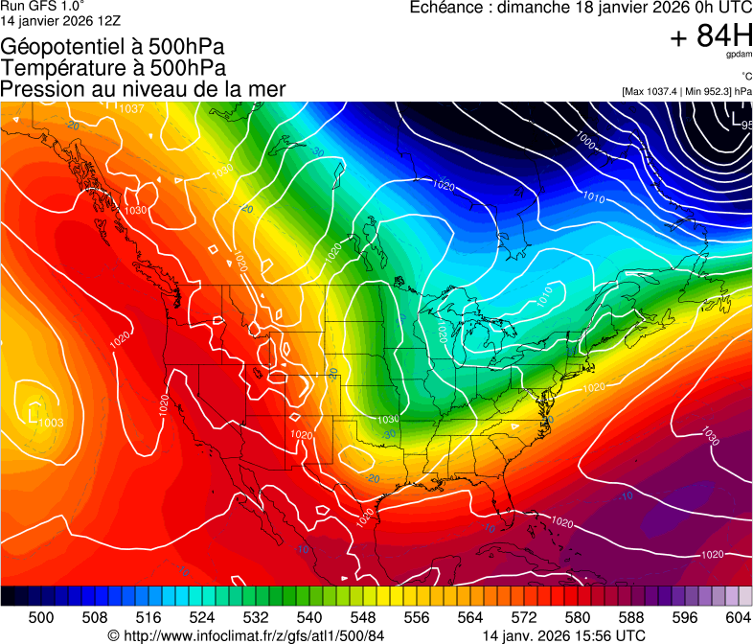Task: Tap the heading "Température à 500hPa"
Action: [x=113, y=67]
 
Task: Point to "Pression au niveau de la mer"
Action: [x=143, y=88]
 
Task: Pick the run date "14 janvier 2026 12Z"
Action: [x=59, y=19]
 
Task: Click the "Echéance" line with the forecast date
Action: [x=580, y=8]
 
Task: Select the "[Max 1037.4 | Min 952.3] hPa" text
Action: [x=686, y=91]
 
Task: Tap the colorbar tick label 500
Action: [x=41, y=617]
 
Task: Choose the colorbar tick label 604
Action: [x=737, y=617]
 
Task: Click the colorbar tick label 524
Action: [x=202, y=617]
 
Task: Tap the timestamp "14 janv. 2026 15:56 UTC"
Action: [x=563, y=635]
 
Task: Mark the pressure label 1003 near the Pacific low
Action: [x=52, y=422]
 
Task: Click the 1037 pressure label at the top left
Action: [x=131, y=108]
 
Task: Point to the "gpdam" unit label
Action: [x=740, y=55]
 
